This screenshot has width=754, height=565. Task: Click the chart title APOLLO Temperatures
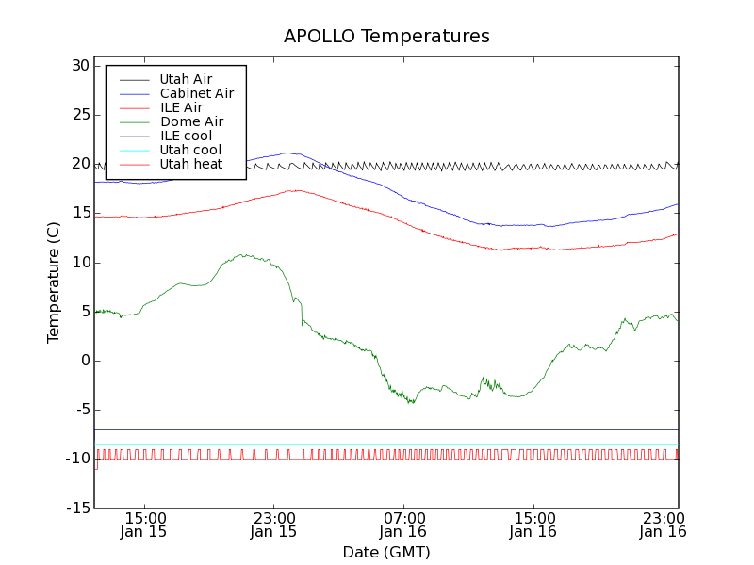pos(386,37)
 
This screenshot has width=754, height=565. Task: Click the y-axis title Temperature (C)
pos(54,282)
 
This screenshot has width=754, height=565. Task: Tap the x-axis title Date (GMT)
pos(386,552)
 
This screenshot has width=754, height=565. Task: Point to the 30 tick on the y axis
pos(79,66)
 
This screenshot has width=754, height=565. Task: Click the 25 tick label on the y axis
pos(79,115)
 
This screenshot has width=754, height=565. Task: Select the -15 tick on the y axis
pos(76,508)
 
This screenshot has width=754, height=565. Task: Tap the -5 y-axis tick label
pos(79,410)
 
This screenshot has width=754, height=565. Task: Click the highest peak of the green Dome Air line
pos(244,254)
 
